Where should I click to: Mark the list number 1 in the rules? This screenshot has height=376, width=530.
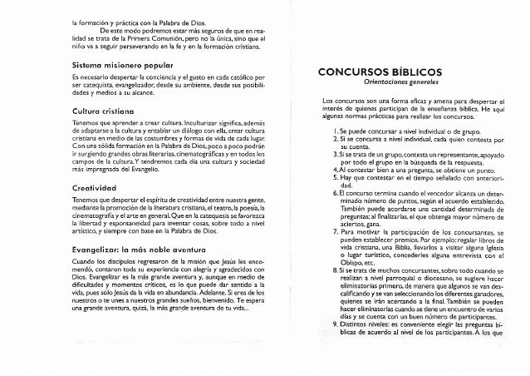332,130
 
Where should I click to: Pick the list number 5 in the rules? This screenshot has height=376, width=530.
331,181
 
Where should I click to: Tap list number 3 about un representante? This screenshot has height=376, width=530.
331,156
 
